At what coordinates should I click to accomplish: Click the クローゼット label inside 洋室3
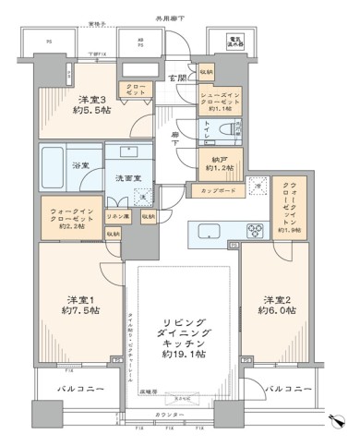136,90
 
